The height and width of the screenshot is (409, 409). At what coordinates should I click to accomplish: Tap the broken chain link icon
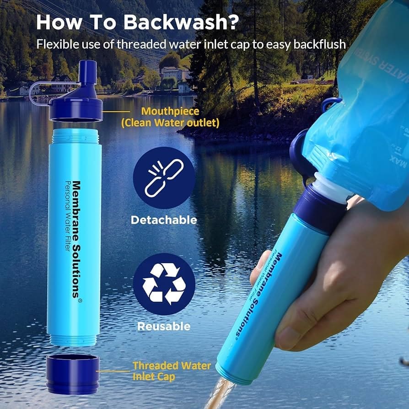click(x=164, y=178)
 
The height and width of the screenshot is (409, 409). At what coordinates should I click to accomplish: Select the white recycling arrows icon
click(x=164, y=284)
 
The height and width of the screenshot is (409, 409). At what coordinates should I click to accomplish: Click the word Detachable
click(x=164, y=220)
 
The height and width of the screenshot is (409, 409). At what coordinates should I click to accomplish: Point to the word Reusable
click(x=164, y=326)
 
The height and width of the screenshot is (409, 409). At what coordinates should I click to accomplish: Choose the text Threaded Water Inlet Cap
click(x=172, y=371)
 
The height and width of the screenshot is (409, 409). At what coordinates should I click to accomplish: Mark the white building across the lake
click(x=172, y=73)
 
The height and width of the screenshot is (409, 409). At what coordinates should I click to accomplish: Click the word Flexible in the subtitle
click(x=55, y=44)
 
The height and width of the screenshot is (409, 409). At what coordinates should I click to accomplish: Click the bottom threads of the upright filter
click(x=73, y=340)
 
